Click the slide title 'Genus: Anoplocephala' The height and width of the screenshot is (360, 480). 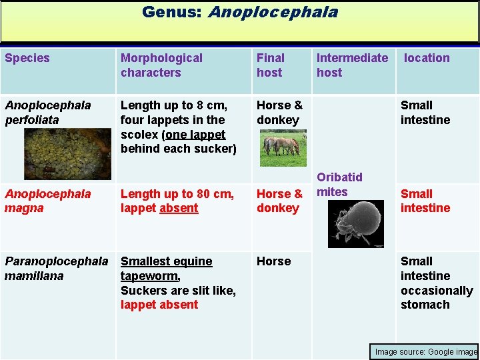pos(239,12)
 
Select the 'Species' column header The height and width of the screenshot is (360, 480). pos(27,58)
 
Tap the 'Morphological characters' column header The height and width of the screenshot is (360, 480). pos(161,65)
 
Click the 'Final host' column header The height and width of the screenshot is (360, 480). pos(271,65)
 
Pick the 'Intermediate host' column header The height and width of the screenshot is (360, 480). pos(352,65)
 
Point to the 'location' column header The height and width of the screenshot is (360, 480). pos(427,58)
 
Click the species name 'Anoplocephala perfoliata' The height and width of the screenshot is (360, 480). pos(48,113)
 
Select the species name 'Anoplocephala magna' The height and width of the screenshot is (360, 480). pos(48,201)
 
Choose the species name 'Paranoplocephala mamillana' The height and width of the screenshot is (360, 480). pos(56,269)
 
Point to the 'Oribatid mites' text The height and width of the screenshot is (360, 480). pos(339,184)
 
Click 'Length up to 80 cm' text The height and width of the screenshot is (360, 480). pos(177,194)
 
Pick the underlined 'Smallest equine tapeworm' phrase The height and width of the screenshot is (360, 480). pos(166,269)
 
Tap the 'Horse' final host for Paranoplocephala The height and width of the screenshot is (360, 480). pos(274,261)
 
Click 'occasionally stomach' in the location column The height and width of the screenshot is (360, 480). pos(436,298)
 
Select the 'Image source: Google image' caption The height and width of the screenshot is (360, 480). pos(426,351)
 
